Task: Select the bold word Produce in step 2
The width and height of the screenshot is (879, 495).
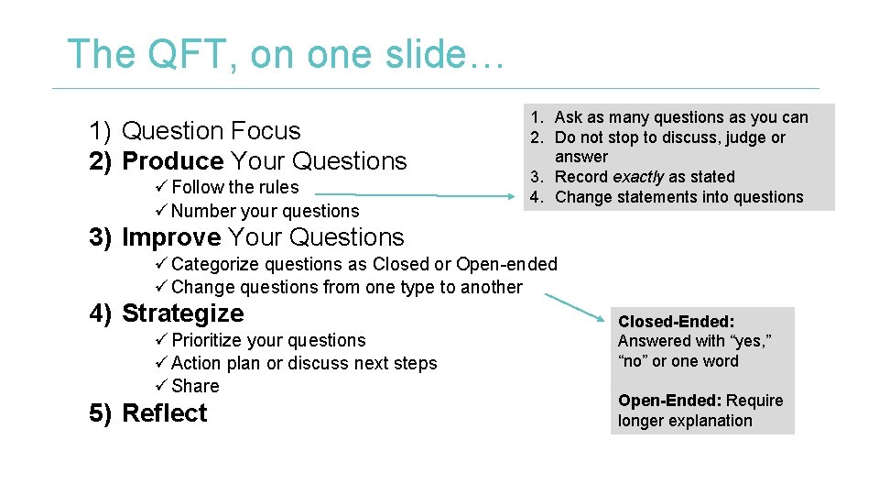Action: [x=172, y=161]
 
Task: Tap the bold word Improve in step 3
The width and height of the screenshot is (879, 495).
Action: [x=171, y=237]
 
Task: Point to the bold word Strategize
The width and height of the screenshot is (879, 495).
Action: [x=182, y=313]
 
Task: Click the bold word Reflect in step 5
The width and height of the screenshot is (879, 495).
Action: [x=164, y=413]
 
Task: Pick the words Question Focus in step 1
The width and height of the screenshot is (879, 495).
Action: [x=211, y=131]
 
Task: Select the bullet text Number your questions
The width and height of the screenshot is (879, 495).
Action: [x=265, y=211]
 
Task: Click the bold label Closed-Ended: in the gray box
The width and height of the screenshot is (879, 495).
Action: [x=676, y=322]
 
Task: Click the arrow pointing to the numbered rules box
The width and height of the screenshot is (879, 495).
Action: [x=418, y=195]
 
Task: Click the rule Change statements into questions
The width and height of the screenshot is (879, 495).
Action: [x=678, y=197]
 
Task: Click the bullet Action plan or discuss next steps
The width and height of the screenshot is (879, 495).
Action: [x=304, y=363]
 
